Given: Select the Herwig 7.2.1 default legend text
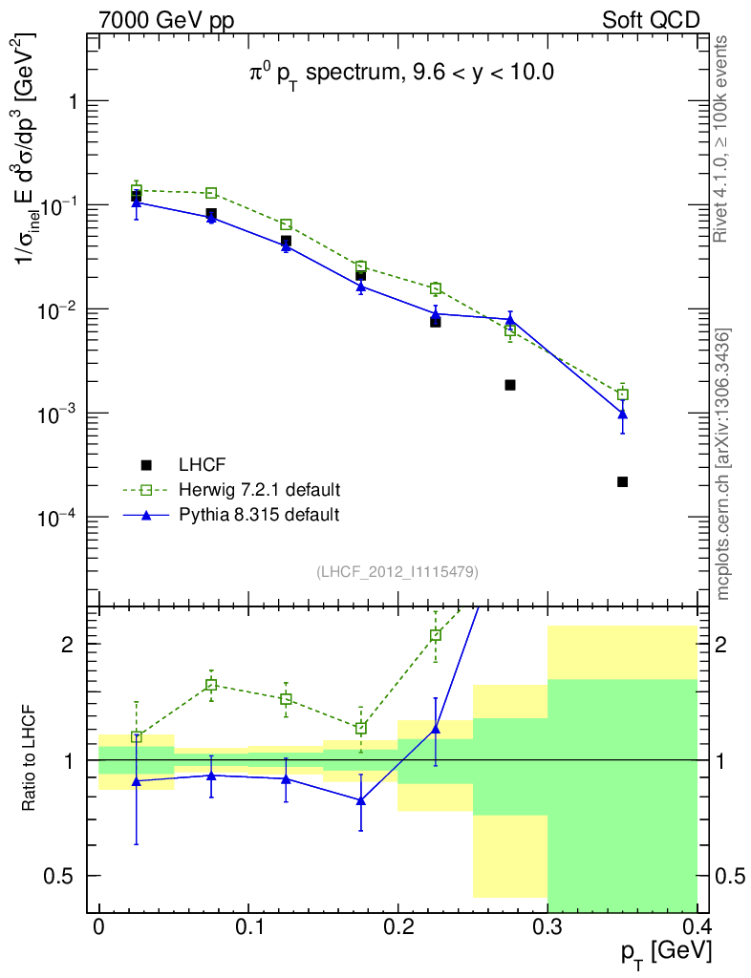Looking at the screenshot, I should point(259,490).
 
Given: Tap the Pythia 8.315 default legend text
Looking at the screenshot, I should point(259,515).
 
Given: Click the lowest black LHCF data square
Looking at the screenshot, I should point(622,482).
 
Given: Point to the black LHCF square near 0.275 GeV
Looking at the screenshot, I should point(510,385).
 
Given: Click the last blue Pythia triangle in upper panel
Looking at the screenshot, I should point(622,415).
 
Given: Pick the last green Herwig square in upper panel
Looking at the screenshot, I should point(622,394).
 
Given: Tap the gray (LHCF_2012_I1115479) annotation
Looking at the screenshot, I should point(397,571).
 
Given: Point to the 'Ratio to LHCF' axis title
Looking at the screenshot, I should point(31,759).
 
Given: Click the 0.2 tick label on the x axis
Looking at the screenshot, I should point(397,928).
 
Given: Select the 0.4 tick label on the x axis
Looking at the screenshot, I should point(696,928).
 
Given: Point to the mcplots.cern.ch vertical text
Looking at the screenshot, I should point(723,464).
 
